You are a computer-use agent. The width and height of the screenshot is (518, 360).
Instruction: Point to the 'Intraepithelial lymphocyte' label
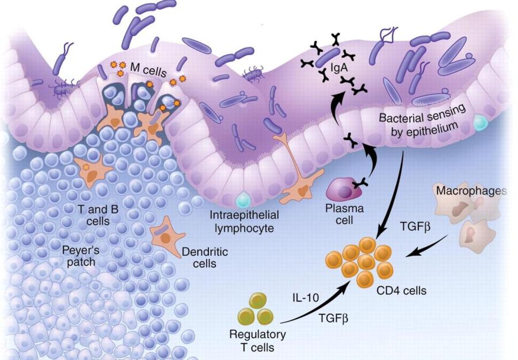pyautogui.click(x=244, y=221)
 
